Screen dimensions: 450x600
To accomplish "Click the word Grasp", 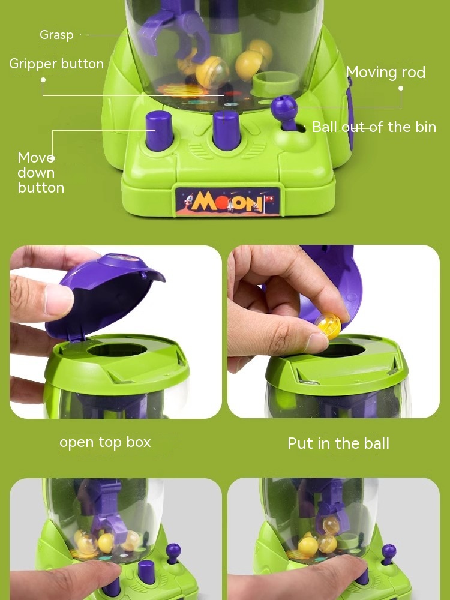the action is [x=56, y=35].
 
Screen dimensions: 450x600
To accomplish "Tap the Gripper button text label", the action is [x=56, y=64].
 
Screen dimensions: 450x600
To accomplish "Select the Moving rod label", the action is [x=385, y=73].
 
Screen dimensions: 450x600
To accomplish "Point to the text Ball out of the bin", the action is [x=374, y=127].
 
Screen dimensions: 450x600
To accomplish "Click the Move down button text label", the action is [x=41, y=173].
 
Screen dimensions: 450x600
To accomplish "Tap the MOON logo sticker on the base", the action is [x=227, y=201].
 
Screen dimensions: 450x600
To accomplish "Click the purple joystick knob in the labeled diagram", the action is [x=284, y=108].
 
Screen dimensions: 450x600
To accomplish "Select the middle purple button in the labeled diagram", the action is [x=226, y=130].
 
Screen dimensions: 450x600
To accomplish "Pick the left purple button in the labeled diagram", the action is [x=159, y=130].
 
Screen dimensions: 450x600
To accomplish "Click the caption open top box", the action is [x=105, y=442].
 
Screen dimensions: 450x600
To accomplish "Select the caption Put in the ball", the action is [x=338, y=443].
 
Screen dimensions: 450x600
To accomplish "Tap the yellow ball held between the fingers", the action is [x=328, y=326].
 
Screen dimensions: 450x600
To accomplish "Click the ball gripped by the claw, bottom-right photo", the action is [x=331, y=526].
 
